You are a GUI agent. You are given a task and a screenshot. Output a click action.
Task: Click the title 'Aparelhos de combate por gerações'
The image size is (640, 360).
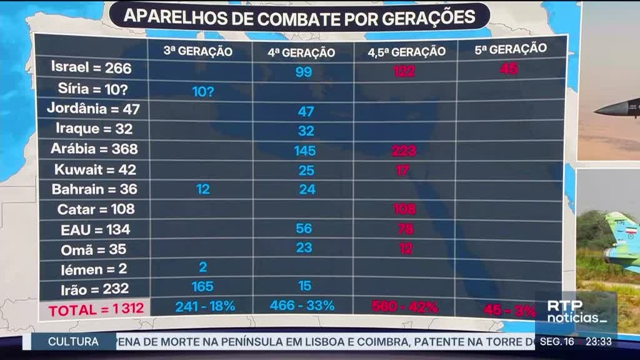[x=299, y=17]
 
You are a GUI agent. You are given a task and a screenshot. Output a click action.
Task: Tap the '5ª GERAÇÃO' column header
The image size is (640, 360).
[x=511, y=49]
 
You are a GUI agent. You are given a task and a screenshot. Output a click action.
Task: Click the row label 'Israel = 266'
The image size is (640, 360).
[x=91, y=67]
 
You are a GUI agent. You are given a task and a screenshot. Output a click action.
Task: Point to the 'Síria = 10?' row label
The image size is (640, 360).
[x=91, y=88]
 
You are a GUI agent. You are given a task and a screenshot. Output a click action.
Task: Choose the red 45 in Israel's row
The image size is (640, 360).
[x=509, y=69]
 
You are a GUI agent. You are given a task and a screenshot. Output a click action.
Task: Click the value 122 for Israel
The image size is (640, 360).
[x=404, y=72]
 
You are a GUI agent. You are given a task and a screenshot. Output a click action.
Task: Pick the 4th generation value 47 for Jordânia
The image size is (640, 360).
[x=306, y=112]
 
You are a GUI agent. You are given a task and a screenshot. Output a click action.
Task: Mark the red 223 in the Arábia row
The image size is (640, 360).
[x=404, y=151]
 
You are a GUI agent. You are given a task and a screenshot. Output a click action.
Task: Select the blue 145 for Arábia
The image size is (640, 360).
[x=305, y=151]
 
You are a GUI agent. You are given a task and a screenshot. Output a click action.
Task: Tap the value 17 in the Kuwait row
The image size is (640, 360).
[x=403, y=170]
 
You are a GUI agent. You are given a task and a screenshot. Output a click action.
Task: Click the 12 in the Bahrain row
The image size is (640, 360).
[x=203, y=189]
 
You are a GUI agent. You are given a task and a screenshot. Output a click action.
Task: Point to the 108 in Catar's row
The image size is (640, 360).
[x=404, y=209]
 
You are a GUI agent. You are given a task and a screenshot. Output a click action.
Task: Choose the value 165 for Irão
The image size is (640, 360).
[x=202, y=287]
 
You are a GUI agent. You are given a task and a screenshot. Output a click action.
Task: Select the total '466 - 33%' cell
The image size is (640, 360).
[x=302, y=306]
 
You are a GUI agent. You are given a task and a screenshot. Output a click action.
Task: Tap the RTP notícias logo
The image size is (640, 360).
[x=576, y=311]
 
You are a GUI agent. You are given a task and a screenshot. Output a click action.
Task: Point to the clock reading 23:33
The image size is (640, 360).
[x=598, y=342]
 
